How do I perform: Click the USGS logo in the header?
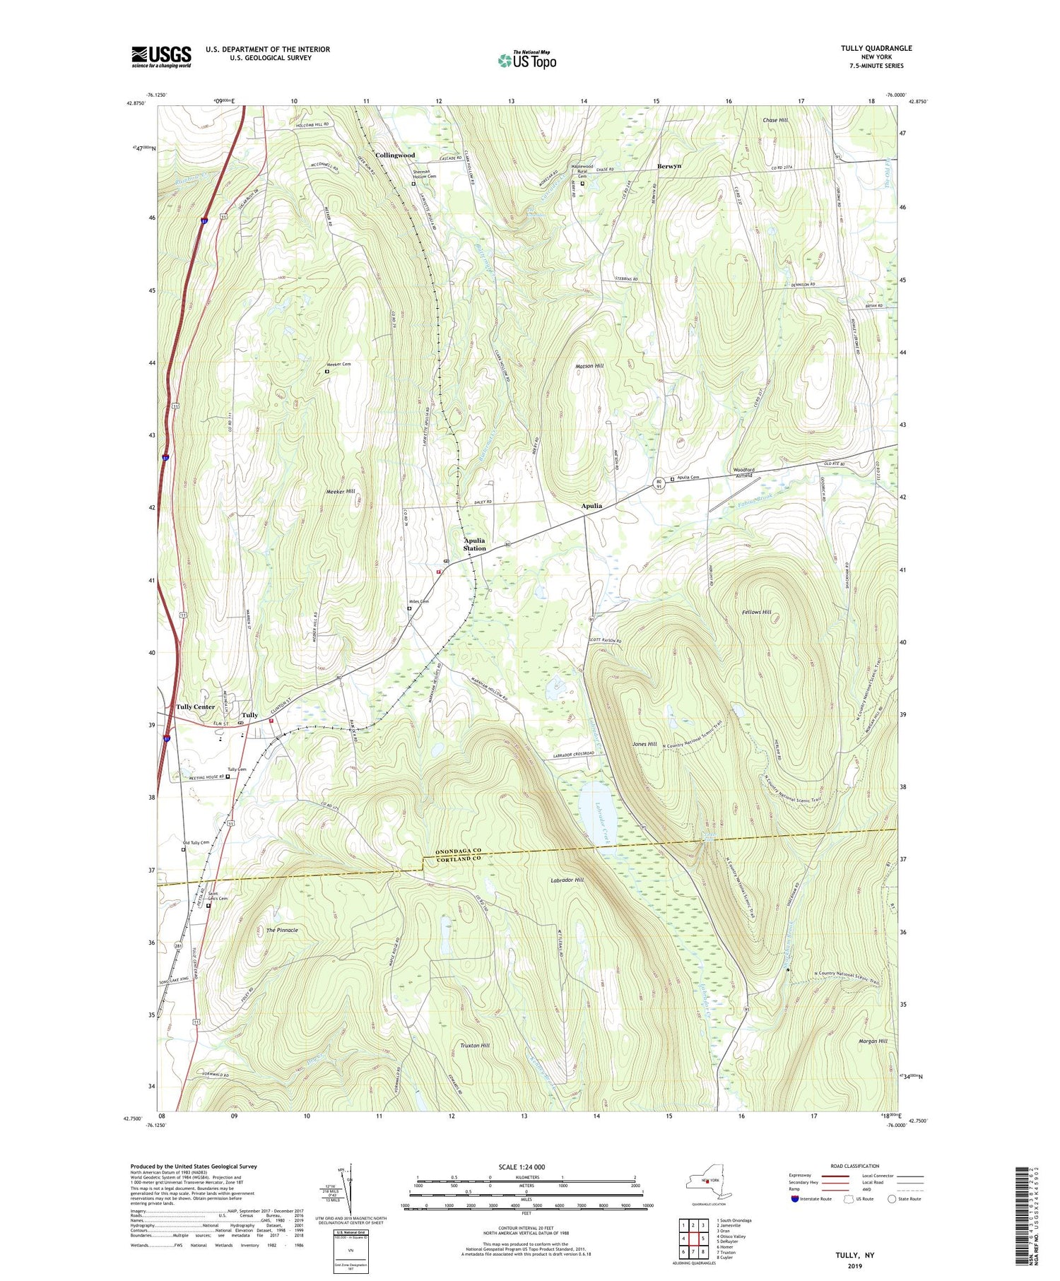161,57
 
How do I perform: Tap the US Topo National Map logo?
526,60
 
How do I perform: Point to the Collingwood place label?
395,155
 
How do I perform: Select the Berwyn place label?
669,166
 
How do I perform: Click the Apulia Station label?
475,544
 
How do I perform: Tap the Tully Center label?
195,707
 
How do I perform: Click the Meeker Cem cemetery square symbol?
327,371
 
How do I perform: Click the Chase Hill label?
775,120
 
